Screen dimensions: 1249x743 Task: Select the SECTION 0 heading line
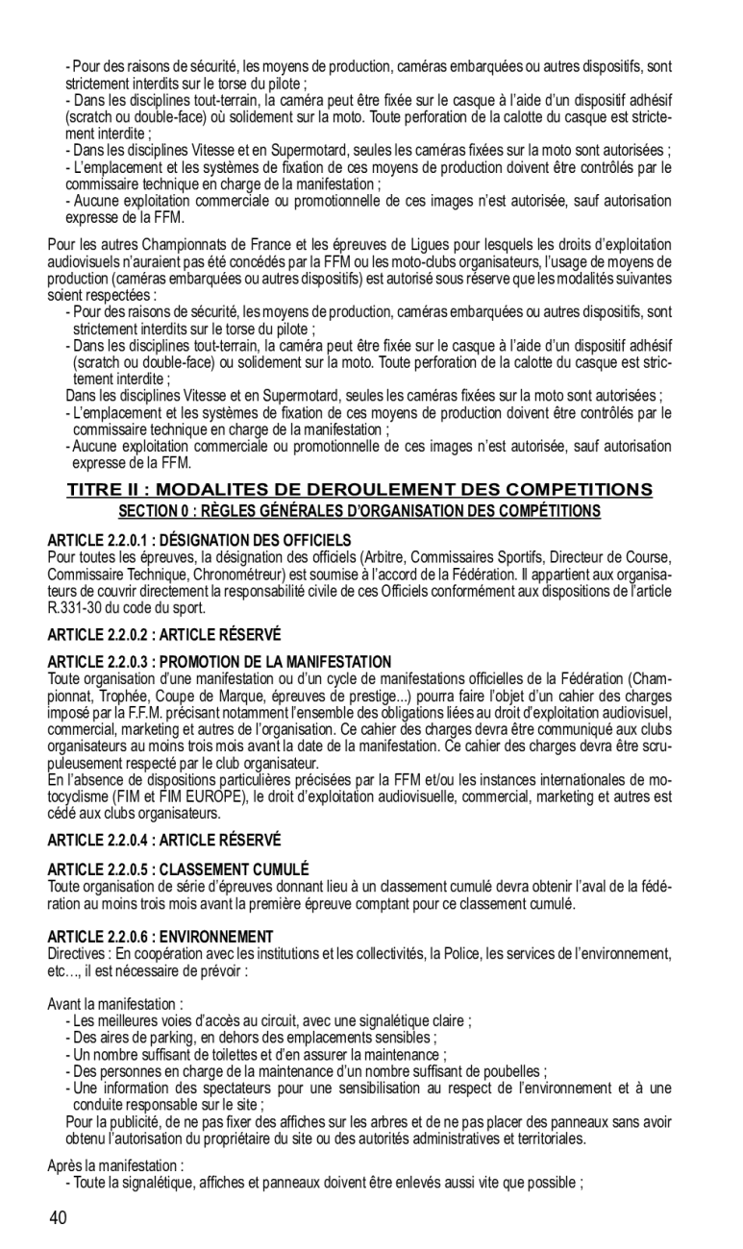pos(359,509)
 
